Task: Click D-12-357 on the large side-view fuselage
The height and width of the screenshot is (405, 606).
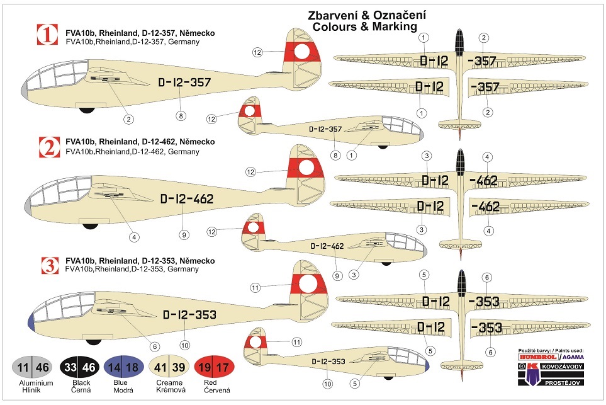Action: pos(184,83)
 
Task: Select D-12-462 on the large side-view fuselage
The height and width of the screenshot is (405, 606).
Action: pos(187,200)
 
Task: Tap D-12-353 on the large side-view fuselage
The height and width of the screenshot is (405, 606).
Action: pos(189,315)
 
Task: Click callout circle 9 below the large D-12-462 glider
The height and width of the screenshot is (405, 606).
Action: pos(183,234)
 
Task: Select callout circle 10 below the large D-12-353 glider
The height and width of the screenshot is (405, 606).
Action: pos(184,345)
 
